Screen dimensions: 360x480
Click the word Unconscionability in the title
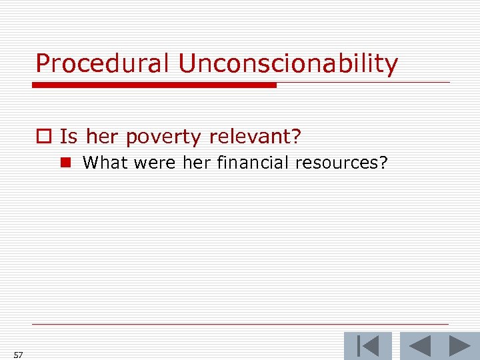click(287, 63)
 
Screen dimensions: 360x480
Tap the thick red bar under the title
click(154, 85)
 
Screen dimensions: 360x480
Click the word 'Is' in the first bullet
click(68, 137)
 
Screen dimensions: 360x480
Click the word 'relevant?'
click(255, 137)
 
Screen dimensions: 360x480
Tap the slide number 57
click(18, 355)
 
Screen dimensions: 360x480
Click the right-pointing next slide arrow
click(459, 346)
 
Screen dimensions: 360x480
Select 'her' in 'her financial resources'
click(196, 162)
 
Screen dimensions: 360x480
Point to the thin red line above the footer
click(240, 325)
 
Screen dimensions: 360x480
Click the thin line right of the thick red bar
click(363, 83)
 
